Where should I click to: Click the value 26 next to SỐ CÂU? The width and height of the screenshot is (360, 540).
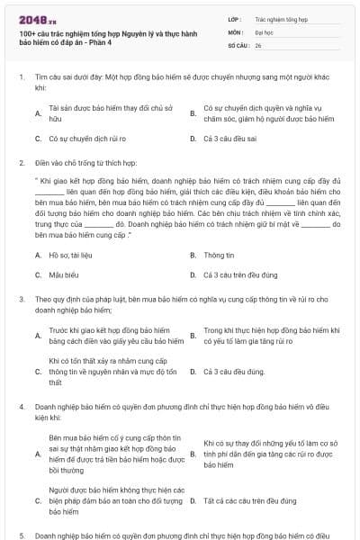258,44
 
